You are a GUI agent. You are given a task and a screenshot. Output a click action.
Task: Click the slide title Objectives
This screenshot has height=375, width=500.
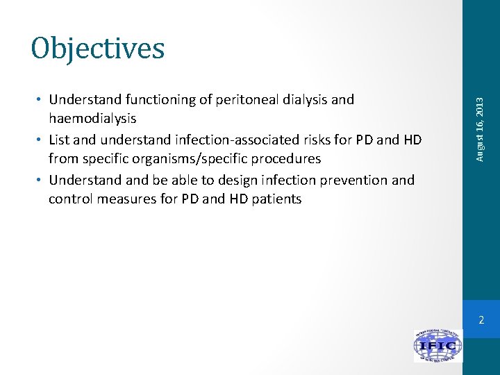click(98, 48)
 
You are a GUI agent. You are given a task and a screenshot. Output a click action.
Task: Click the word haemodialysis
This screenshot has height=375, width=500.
click(92, 119)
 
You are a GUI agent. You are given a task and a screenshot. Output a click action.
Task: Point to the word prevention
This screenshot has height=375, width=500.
click(353, 180)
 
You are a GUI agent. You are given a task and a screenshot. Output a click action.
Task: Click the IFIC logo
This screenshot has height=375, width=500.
click(438, 345)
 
